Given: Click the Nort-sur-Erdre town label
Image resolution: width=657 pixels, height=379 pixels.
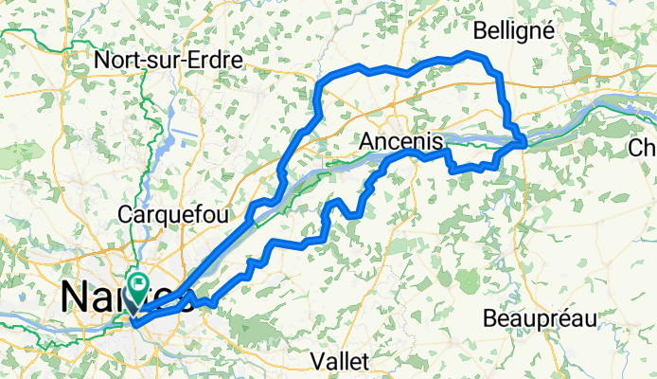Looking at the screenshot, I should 169,60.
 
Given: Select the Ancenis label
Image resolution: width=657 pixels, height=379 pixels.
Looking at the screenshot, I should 402,141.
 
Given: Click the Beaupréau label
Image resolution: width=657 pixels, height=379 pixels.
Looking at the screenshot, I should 535,317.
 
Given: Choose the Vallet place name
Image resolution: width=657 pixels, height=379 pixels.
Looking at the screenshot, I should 343,361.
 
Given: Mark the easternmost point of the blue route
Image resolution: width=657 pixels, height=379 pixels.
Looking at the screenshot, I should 524,142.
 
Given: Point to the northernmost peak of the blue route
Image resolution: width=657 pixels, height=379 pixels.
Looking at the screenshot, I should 471,54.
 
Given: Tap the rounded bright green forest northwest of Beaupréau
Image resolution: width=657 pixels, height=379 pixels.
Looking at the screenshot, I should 468,280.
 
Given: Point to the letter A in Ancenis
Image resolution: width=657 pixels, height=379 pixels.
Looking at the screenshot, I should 368,141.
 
